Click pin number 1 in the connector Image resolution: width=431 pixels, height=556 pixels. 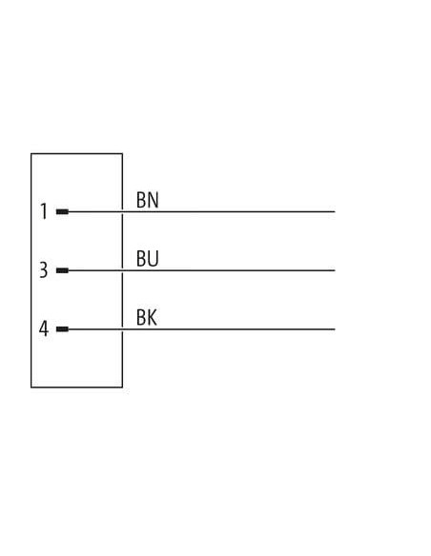click(44, 211)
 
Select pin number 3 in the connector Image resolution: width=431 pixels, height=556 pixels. click(43, 270)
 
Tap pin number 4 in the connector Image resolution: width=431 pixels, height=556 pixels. click(43, 328)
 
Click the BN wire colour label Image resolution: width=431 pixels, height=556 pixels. click(148, 200)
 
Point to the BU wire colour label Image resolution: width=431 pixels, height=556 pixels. click(148, 259)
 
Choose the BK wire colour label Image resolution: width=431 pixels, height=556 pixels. click(147, 317)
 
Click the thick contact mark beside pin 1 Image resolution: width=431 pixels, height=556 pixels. click(62, 211)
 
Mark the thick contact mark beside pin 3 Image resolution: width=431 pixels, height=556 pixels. click(62, 270)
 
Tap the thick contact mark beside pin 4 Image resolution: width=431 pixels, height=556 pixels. click(62, 329)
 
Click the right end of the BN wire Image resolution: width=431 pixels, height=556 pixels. click(335, 211)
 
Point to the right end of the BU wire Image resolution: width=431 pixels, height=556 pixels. click(335, 270)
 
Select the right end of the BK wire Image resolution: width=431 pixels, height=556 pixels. click(335, 329)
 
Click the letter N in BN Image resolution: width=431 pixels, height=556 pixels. click(154, 200)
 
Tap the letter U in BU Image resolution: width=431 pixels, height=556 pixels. click(154, 259)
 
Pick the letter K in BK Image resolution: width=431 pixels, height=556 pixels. click(153, 317)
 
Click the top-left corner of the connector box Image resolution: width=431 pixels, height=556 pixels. click(31, 153)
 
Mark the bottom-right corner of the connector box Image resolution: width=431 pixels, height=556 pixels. click(122, 387)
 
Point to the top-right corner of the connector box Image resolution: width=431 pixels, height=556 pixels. click(122, 153)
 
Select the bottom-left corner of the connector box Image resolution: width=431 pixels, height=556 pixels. click(31, 387)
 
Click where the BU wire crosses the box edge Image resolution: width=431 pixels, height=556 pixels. click(122, 270)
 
